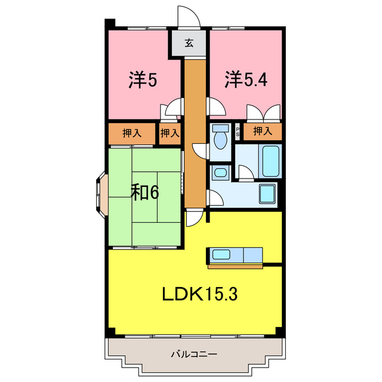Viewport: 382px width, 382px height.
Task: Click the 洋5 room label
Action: tap(143, 81)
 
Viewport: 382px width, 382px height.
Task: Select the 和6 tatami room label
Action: tap(145, 192)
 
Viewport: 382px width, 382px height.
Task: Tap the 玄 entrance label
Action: tap(189, 42)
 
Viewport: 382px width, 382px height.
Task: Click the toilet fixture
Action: tap(220, 137)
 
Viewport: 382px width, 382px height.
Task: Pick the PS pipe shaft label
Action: tap(238, 131)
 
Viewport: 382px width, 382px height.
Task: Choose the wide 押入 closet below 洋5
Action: tap(132, 133)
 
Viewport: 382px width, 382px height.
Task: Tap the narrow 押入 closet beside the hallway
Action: tap(170, 133)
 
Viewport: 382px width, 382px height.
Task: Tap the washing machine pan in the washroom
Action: tap(267, 195)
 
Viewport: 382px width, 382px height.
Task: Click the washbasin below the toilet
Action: tap(220, 174)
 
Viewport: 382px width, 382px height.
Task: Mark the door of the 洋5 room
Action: tap(174, 108)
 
